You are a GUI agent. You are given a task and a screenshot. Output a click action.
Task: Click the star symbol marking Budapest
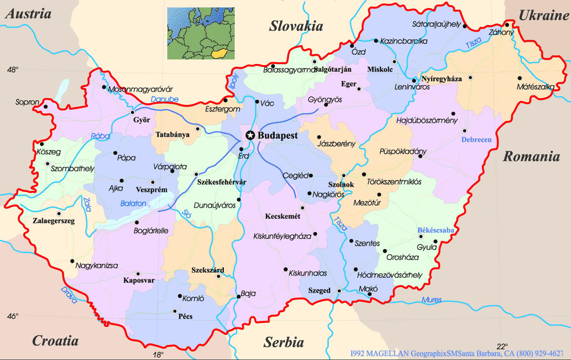250,135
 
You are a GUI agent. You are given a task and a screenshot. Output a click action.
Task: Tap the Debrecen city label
476,140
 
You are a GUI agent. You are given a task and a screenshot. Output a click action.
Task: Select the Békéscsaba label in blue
436,230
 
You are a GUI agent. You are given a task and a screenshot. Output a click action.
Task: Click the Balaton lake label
133,203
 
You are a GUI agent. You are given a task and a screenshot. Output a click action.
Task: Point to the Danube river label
164,99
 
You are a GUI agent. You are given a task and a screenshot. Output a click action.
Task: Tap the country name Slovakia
296,26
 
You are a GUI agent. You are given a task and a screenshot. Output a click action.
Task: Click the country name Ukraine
543,15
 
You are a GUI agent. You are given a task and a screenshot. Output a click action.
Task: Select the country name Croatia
55,341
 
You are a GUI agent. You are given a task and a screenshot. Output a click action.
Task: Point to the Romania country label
530,157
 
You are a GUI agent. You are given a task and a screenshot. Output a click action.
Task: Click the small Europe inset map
200,34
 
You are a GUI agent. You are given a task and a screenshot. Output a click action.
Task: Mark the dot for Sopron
45,106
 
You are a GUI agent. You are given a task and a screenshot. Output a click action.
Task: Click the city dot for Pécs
175,311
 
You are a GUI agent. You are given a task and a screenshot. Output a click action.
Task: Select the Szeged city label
319,291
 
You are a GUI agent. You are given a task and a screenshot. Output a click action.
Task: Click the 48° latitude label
13,70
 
